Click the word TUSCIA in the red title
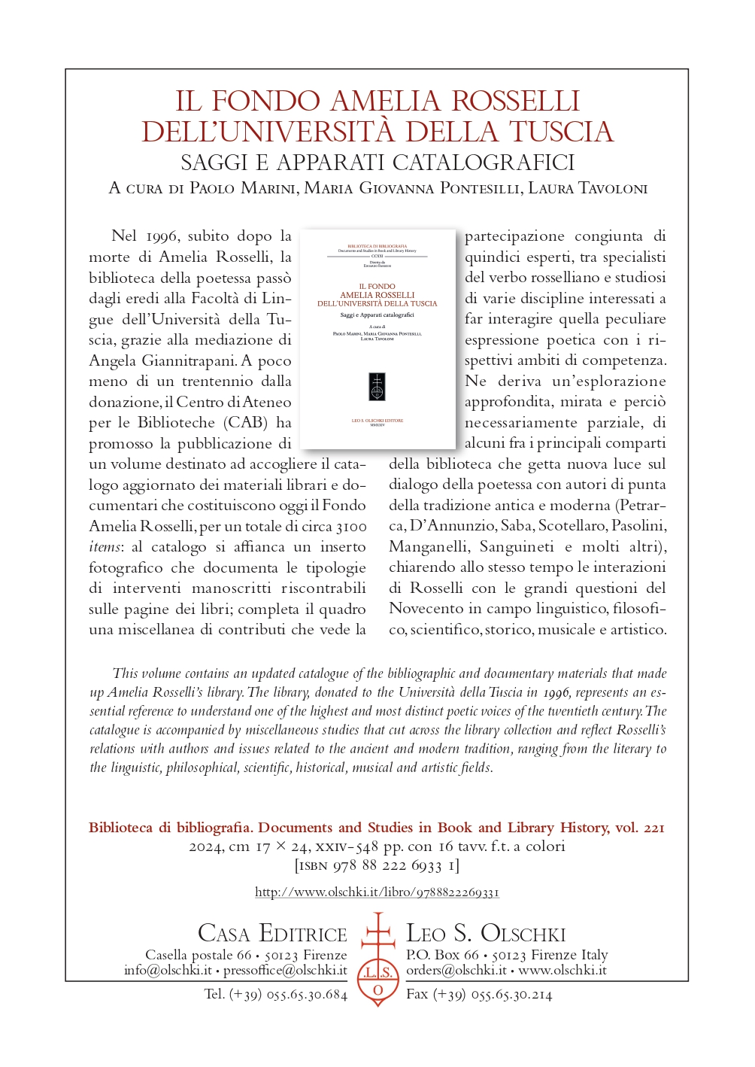coord(561,132)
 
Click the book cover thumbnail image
coord(377,339)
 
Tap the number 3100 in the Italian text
coord(351,526)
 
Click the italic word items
coord(105,547)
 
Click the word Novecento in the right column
coord(426,609)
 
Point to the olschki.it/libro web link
coord(377,892)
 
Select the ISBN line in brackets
coord(377,865)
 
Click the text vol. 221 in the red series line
coord(639,828)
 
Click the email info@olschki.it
coord(168,971)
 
